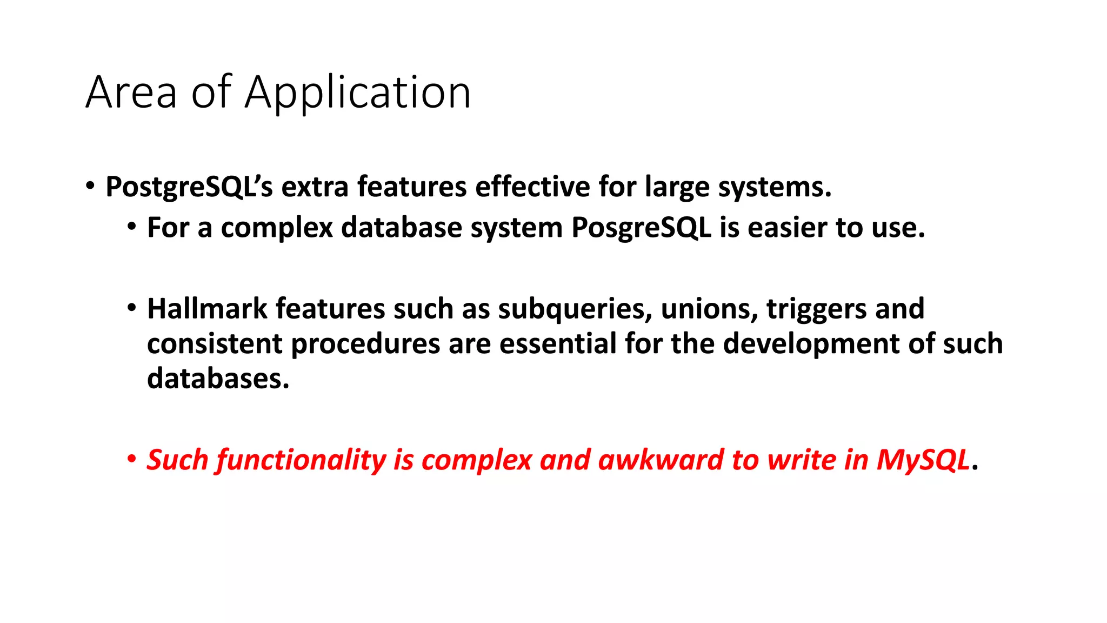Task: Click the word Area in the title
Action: pos(131,93)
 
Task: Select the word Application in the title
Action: pos(357,93)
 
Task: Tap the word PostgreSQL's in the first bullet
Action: pos(189,187)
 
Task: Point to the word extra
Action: pos(315,187)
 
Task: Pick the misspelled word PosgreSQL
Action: pos(641,228)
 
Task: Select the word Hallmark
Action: pos(207,309)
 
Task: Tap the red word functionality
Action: pos(301,461)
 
